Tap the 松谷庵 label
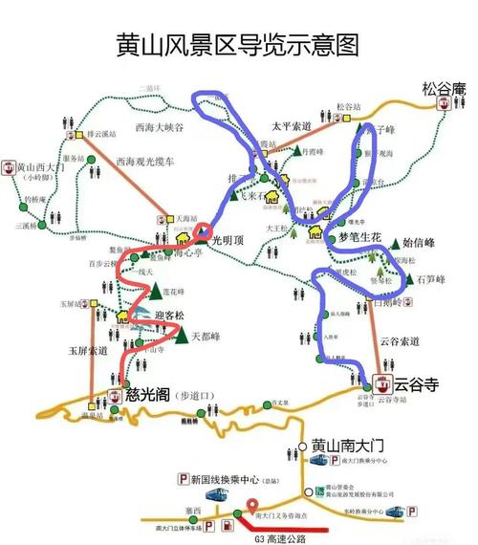[443, 90]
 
